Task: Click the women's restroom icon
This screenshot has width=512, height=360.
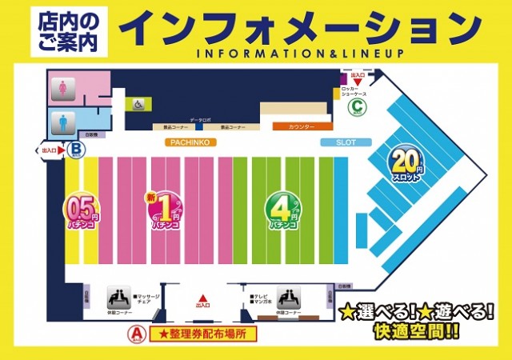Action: click(62, 89)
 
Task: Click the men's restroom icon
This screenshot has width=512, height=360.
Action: click(62, 122)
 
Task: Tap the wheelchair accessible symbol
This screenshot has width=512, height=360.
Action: click(138, 103)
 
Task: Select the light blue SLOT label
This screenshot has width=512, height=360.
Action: click(335, 142)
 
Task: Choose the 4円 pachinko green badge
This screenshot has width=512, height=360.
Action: click(284, 211)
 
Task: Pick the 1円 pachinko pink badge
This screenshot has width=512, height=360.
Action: click(163, 211)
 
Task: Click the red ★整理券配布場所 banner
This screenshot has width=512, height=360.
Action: click(208, 332)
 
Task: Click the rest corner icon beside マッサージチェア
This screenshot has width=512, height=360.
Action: click(119, 296)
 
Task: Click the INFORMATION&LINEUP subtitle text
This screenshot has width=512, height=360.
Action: click(297, 54)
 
